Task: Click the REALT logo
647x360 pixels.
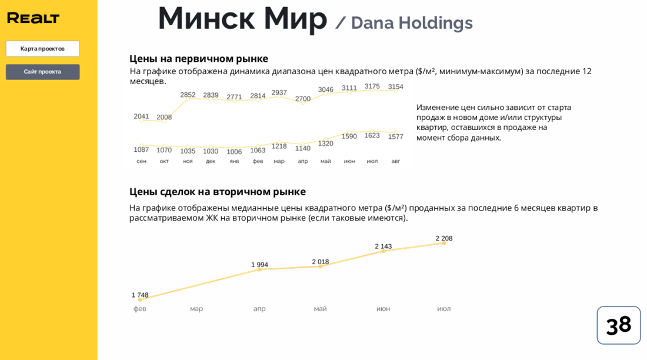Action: coord(33,18)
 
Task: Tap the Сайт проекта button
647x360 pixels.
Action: coord(42,72)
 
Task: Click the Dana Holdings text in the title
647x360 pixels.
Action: coord(411,23)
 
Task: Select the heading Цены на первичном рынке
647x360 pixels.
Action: coord(199,59)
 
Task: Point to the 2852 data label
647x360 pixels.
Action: coord(188,95)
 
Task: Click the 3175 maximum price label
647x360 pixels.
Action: coord(372,86)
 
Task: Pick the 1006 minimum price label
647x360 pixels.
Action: coord(234,152)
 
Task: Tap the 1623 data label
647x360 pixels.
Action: coord(372,135)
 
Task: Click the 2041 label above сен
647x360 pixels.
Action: coord(141,116)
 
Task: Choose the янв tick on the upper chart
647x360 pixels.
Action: coord(234,161)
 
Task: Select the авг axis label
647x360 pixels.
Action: coord(396,161)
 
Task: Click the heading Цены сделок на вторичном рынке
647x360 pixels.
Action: coord(217,192)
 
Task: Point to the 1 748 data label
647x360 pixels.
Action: coord(140,295)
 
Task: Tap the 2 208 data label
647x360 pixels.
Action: coord(443,238)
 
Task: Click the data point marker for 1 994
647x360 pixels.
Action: coord(259,269)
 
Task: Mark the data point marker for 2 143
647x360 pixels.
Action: coord(383,251)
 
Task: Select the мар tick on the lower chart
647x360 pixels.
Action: coord(196,309)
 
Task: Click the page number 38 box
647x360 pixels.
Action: coord(618,325)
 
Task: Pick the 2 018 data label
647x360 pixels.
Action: coord(320,262)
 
